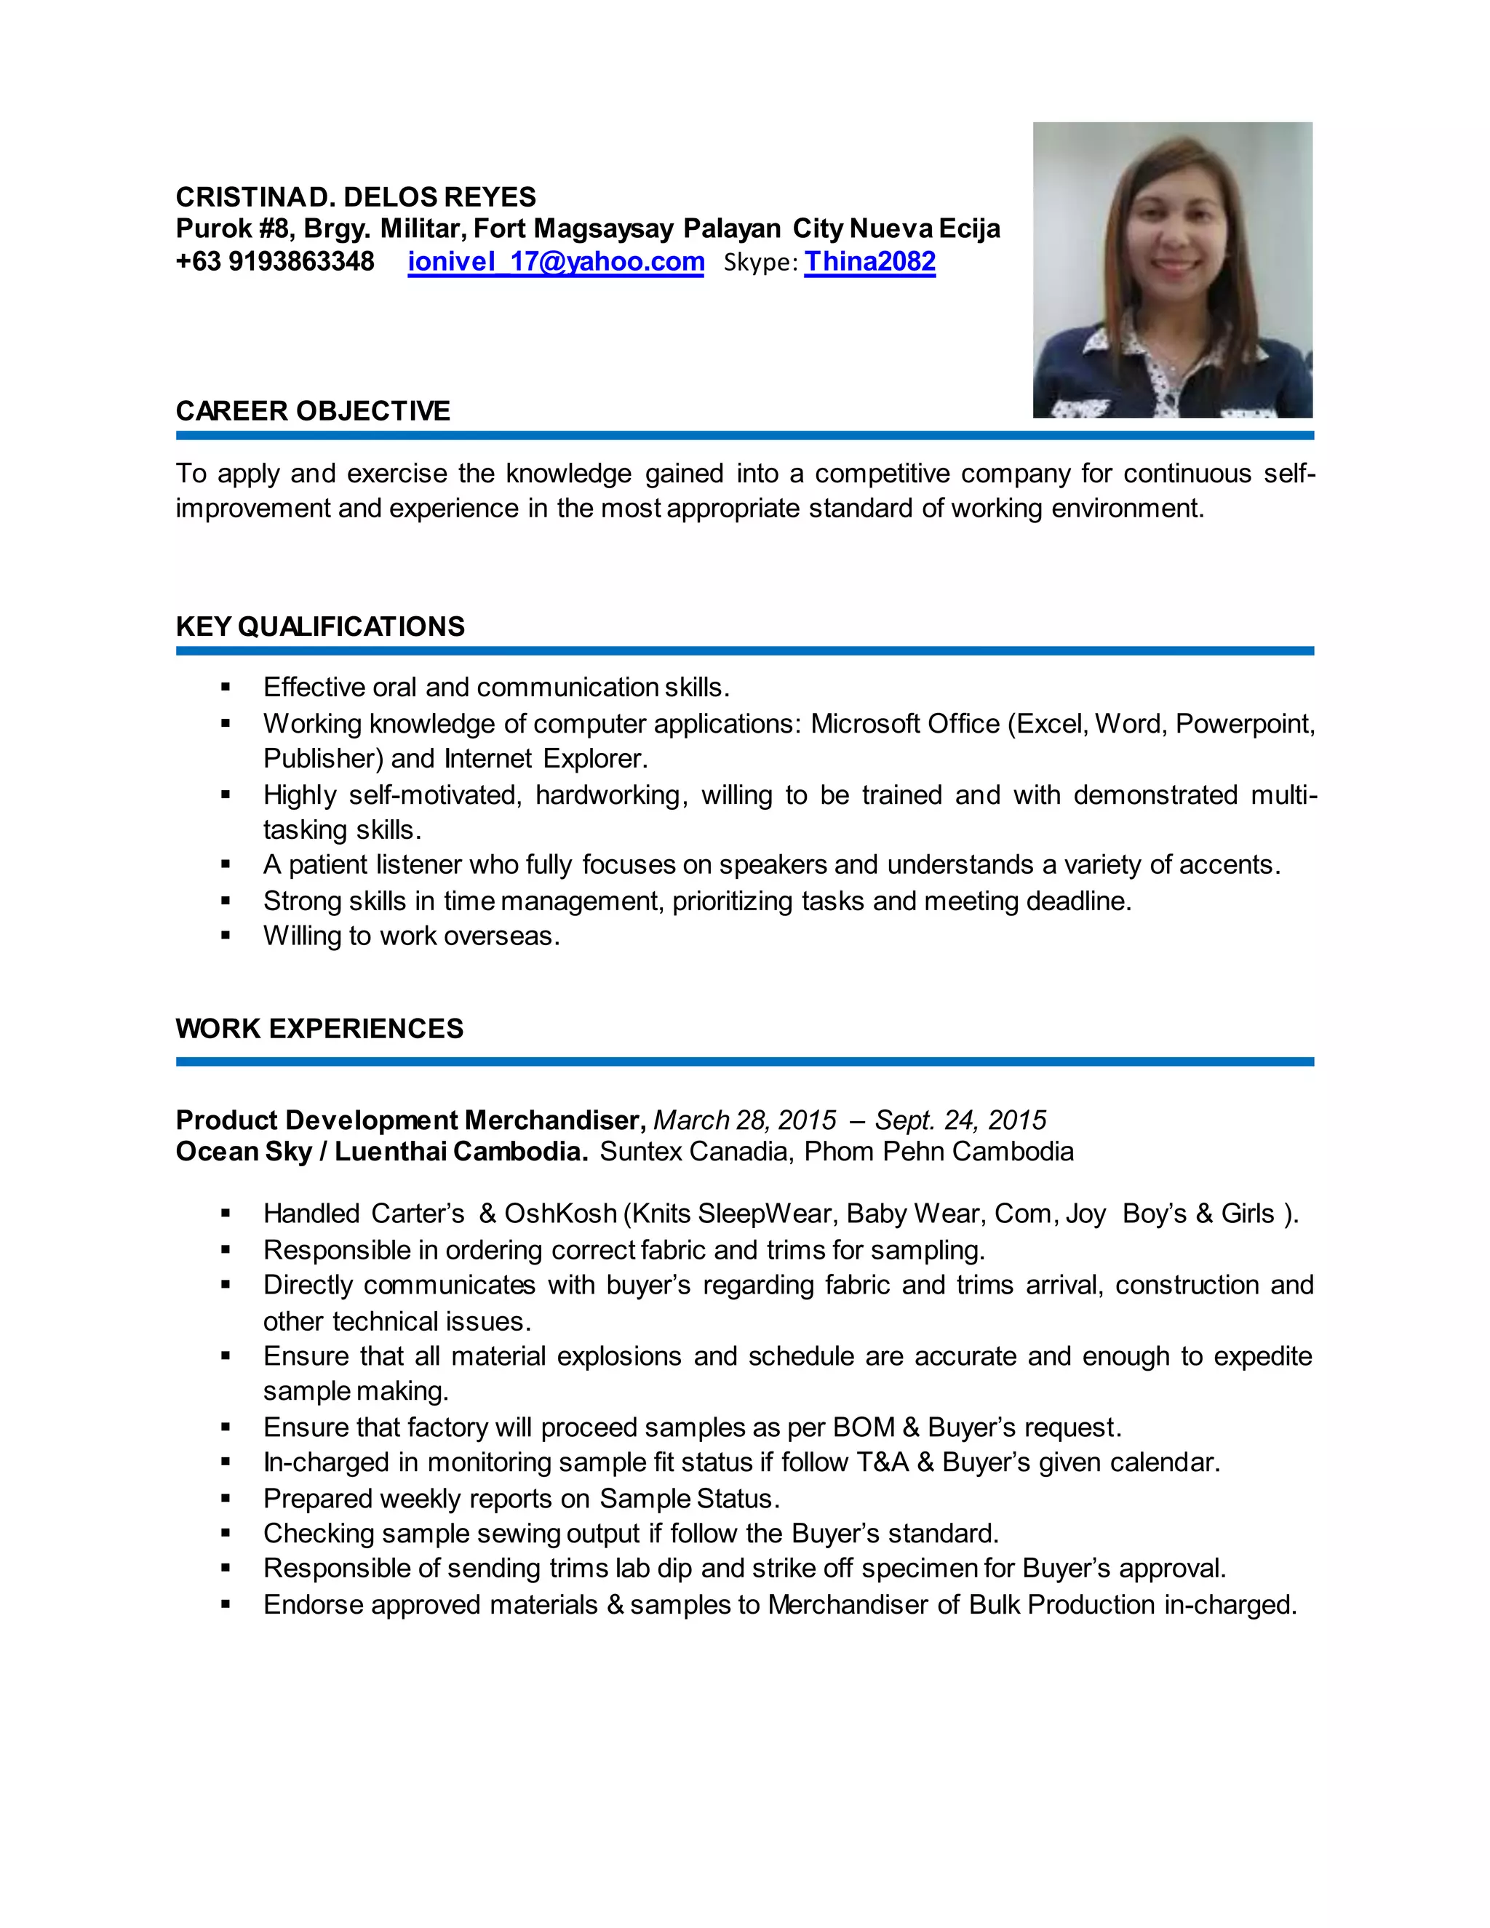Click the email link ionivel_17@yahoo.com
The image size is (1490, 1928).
(555, 262)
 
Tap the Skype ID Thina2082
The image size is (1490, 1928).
(869, 262)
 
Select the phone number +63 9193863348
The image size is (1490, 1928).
(276, 262)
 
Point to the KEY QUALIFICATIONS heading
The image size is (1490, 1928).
(319, 626)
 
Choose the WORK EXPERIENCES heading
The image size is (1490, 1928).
(319, 1029)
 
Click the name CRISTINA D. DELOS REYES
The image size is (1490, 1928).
(356, 197)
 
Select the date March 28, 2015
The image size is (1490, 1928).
(744, 1120)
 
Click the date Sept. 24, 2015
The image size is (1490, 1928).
(960, 1120)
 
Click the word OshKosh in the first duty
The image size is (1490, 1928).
(559, 1214)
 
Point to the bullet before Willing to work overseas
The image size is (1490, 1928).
(226, 936)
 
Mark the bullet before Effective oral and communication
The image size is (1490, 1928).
(226, 688)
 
